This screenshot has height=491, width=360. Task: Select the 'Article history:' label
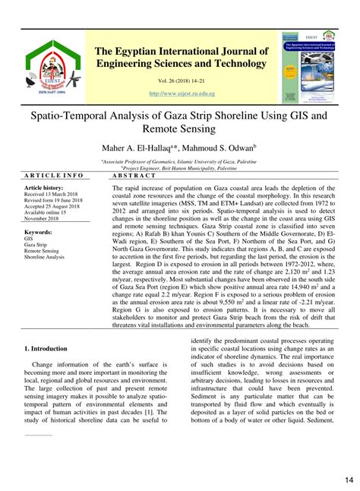(x=44, y=187)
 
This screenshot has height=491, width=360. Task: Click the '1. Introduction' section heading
(x=46, y=348)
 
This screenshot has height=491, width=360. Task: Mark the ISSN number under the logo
(x=46, y=92)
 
